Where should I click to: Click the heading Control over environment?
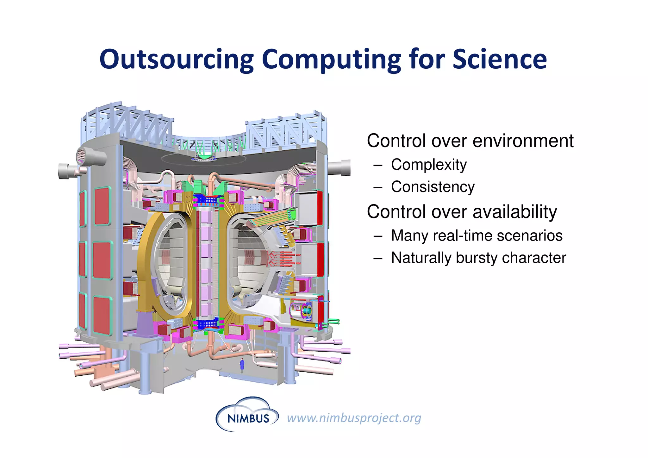470,141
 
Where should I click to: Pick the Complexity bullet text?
429,165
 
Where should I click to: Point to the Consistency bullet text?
433,187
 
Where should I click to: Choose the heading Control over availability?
462,212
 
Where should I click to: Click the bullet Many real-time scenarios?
477,235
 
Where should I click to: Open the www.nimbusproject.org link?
354,418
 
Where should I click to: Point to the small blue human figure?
242,365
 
